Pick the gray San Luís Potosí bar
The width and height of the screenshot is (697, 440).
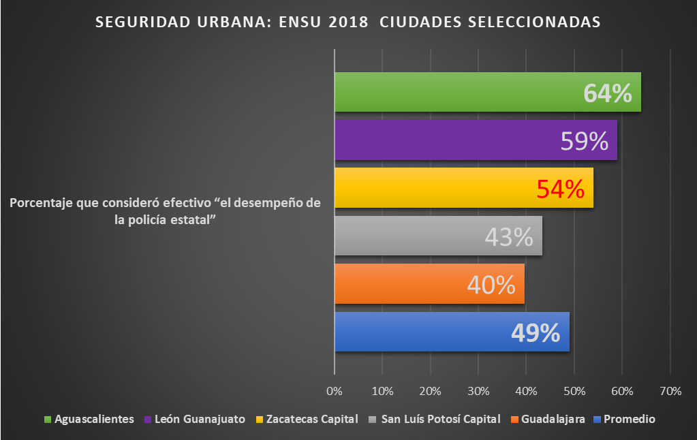click(409, 236)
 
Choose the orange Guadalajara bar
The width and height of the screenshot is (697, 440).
click(402, 283)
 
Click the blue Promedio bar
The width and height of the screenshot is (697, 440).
click(422, 332)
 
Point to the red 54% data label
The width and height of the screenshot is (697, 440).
click(560, 189)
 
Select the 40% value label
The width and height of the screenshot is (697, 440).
click(491, 285)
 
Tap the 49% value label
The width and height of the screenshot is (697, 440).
click(536, 332)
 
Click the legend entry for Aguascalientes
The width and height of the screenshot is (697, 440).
click(94, 419)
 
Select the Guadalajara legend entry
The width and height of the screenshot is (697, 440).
click(553, 419)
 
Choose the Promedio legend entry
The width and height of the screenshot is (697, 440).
click(629, 419)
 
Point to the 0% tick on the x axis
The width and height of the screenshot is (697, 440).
click(334, 392)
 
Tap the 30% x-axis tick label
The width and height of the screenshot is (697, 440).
click(478, 392)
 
